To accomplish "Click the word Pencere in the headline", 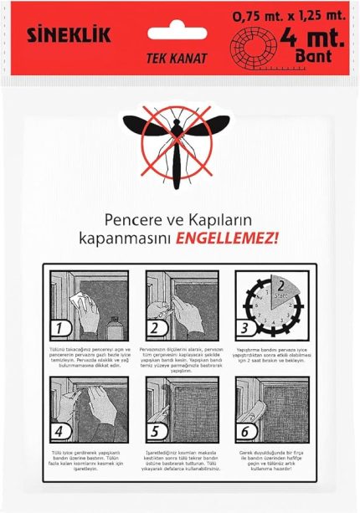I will (x=132, y=219).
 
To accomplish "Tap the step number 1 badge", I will (x=59, y=327).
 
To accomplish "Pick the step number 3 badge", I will (x=246, y=327).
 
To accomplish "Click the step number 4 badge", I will (x=59, y=434).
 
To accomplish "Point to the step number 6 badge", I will (x=246, y=434).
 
